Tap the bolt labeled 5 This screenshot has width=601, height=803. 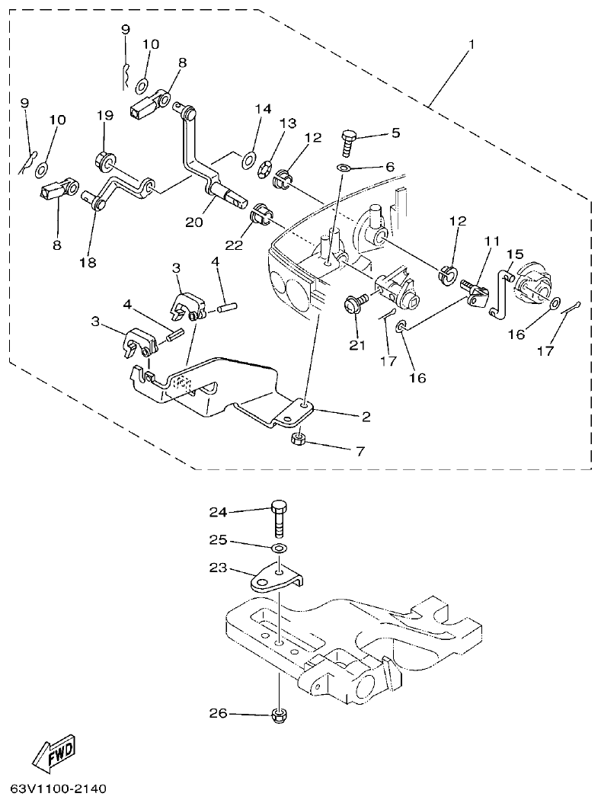pyautogui.click(x=349, y=142)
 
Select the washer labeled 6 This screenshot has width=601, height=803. pyautogui.click(x=344, y=168)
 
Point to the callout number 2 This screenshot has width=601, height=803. pyautogui.click(x=366, y=416)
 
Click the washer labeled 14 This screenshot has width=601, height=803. pyautogui.click(x=248, y=160)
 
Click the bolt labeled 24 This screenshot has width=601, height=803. pyautogui.click(x=280, y=522)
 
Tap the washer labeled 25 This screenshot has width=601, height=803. pyautogui.click(x=280, y=549)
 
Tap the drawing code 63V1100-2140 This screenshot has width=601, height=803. pyautogui.click(x=59, y=786)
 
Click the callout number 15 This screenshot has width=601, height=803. pyautogui.click(x=515, y=253)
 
